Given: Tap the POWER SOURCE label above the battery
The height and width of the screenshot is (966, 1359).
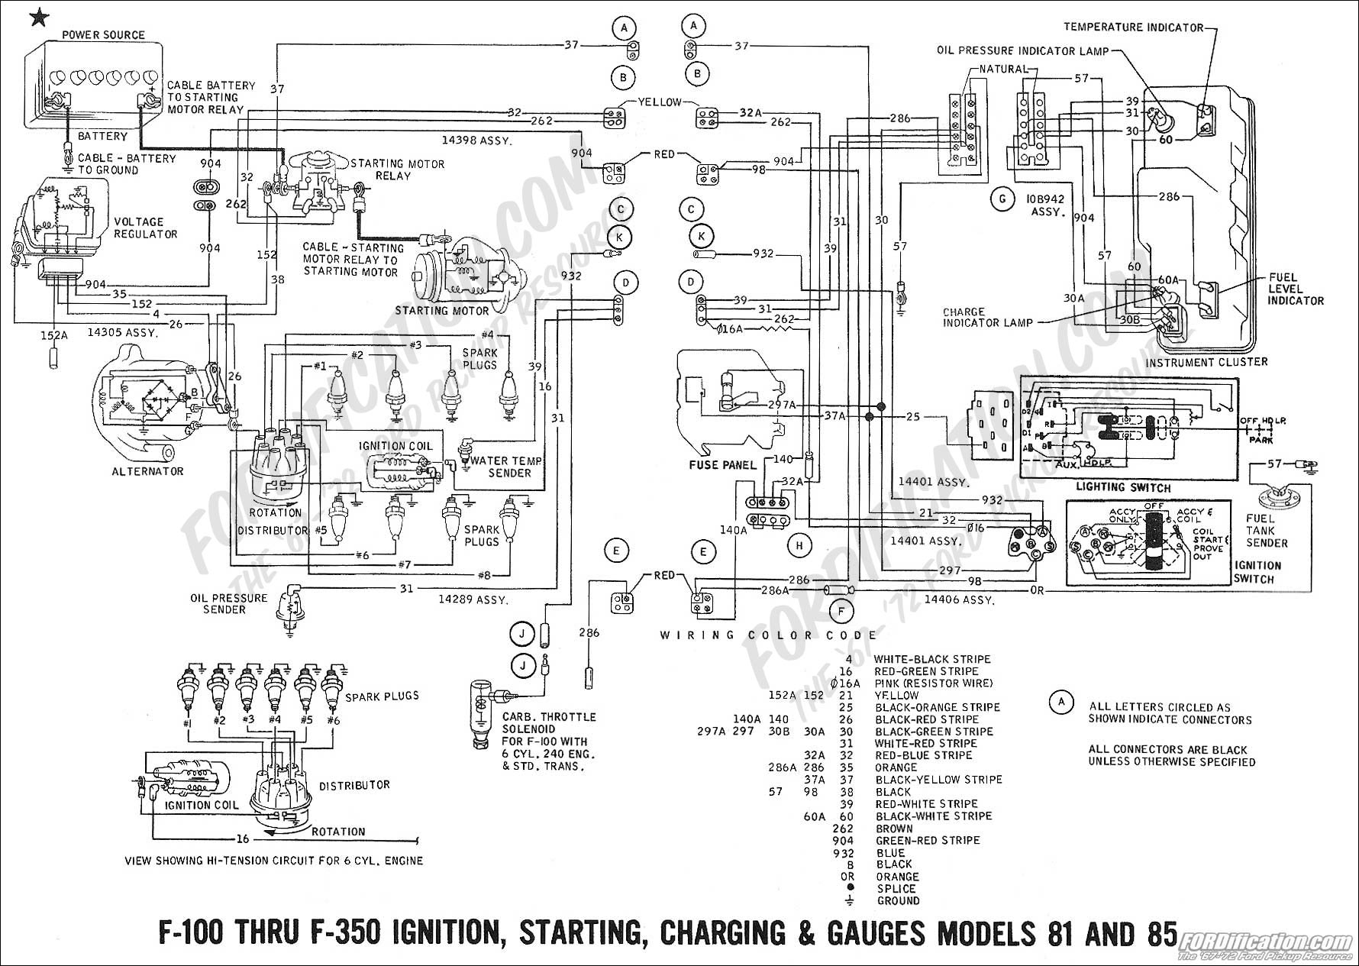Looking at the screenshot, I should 103,35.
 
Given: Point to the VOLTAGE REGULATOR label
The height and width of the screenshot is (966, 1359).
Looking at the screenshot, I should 145,228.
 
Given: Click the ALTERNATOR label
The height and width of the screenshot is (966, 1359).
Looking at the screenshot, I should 147,471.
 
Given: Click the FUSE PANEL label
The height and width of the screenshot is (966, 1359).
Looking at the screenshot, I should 721,464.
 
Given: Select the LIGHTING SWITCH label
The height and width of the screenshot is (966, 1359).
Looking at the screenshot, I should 1122,487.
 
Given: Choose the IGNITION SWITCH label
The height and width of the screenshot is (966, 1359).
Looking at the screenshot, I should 1256,572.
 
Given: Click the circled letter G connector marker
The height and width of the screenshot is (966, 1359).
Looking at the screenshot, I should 1001,199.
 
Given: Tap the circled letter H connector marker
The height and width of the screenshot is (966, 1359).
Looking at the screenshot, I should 799,545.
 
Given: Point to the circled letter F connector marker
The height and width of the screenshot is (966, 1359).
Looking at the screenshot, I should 841,611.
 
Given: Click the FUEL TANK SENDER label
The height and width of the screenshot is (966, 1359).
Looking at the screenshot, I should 1267,531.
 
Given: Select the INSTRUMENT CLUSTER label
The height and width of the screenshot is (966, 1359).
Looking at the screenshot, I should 1206,362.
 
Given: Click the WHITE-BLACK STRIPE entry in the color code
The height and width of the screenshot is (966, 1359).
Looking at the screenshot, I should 931,659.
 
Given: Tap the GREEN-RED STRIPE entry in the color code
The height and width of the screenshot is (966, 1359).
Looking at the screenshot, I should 928,840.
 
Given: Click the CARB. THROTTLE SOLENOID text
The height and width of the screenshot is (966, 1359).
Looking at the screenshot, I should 548,723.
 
